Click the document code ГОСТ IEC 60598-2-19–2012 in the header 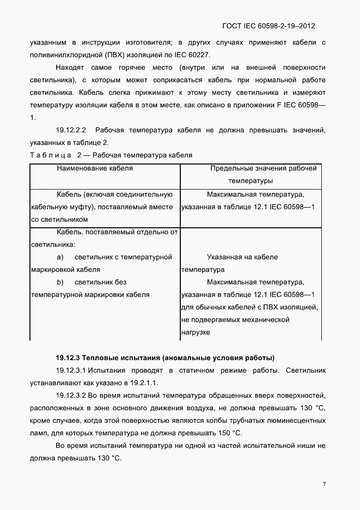pos(269,26)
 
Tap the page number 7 pos(324,484)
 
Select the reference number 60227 pos(198,55)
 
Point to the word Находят pos(69,68)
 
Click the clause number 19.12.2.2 pos(71,130)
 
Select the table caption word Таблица pos(48,155)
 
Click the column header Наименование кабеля pos(95,168)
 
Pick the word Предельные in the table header pos(229,168)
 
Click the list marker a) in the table pos(60,257)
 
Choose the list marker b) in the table pos(60,282)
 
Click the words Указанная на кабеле pos(242,257)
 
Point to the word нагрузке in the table pos(196,332)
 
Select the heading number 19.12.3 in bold pos(68,358)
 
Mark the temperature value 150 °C pos(230,433)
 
